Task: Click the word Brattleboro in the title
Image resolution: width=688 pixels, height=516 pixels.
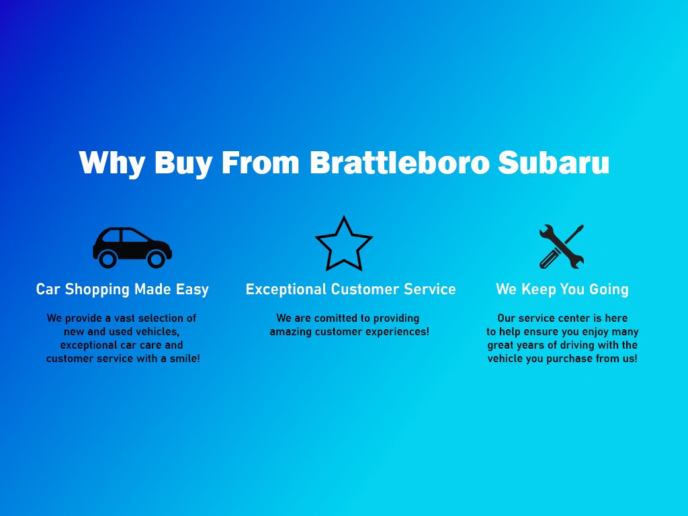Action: (x=399, y=163)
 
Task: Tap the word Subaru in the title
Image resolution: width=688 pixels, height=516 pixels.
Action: (x=554, y=163)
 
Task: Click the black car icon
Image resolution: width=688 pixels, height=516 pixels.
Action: (x=132, y=247)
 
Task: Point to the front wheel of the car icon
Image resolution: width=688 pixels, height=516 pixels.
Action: (x=156, y=259)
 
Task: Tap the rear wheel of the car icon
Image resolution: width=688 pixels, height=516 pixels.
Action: (x=107, y=259)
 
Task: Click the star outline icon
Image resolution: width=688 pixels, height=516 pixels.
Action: (x=344, y=244)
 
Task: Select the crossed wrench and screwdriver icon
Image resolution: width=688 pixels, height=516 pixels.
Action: (x=562, y=247)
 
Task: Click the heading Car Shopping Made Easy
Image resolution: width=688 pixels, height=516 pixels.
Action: (x=122, y=290)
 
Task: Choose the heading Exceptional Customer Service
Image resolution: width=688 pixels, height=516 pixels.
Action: (x=351, y=290)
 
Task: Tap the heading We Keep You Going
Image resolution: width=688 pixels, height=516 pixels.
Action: (x=562, y=290)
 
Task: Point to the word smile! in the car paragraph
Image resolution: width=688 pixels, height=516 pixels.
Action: (x=185, y=359)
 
